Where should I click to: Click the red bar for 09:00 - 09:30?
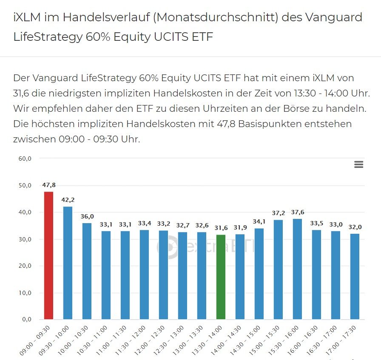coord(49,255)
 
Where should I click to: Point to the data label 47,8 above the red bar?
coord(49,185)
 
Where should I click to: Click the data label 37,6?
coord(297,212)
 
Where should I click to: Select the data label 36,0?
coord(87,216)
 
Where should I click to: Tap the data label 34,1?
coord(259,221)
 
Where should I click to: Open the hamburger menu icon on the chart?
coord(358,164)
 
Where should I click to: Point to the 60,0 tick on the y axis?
coord(24,159)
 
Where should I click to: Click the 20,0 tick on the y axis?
coord(24,266)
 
